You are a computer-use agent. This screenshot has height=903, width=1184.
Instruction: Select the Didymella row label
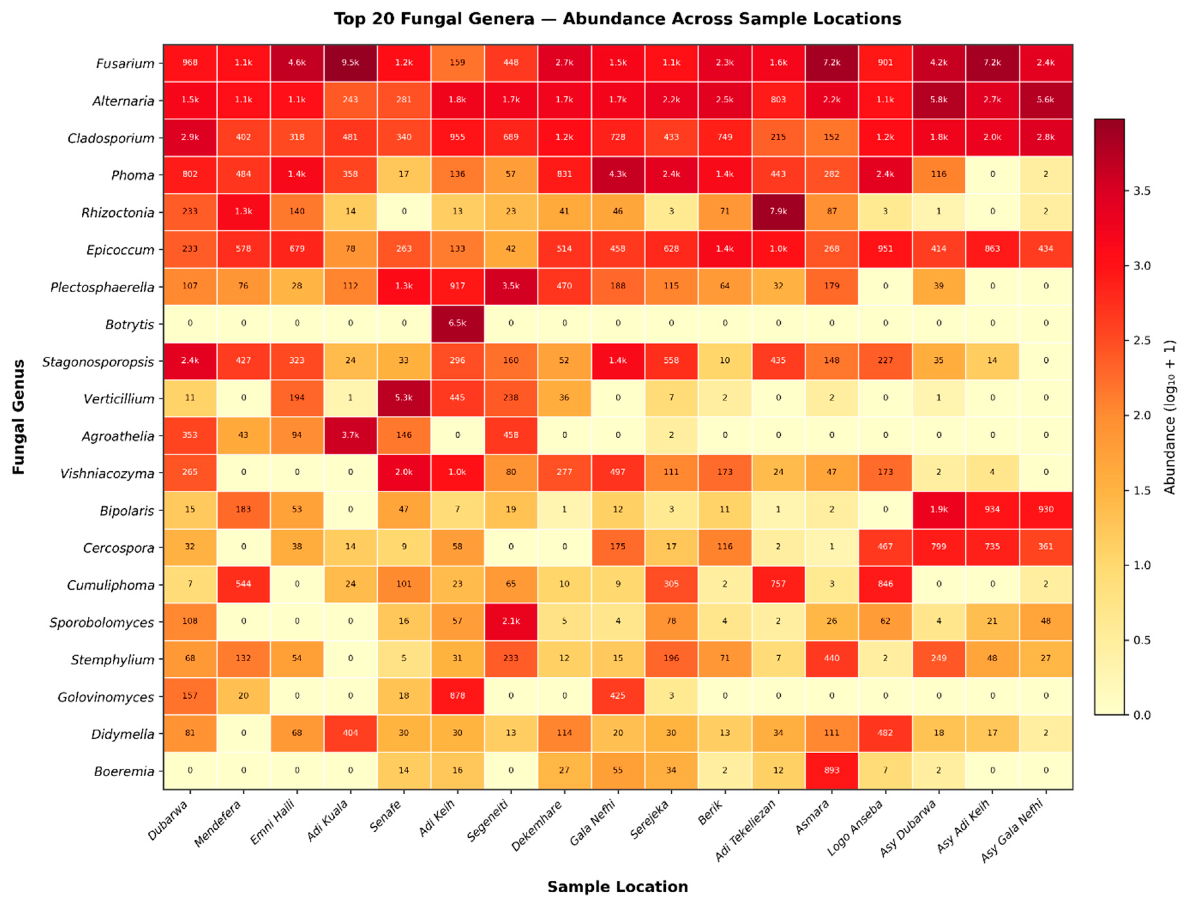(x=122, y=734)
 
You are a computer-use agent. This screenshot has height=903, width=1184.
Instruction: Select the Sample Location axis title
(x=618, y=886)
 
